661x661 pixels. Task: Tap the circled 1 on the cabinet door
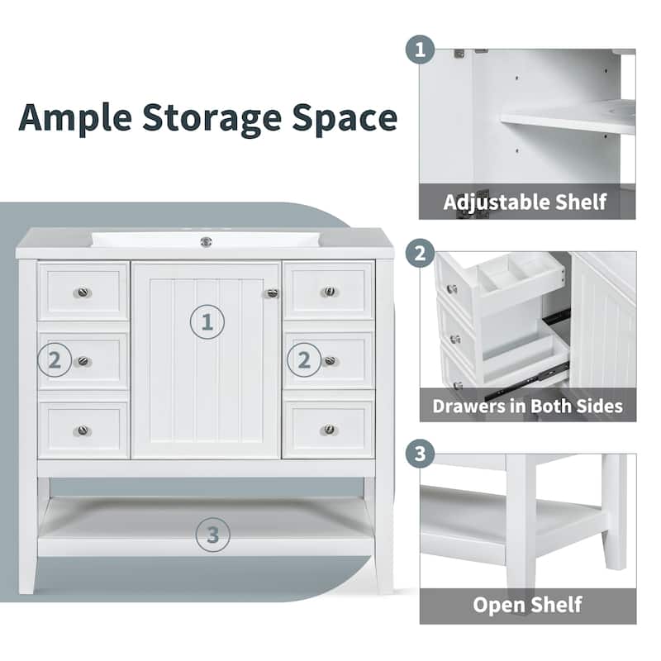click(208, 321)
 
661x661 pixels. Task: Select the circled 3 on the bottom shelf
click(213, 535)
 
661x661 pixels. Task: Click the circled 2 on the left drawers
click(55, 360)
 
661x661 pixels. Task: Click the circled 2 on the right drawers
click(304, 360)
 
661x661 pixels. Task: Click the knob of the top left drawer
click(83, 292)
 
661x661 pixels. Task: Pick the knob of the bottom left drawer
click(83, 430)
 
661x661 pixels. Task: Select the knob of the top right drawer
click(329, 292)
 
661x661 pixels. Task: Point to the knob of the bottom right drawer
click(329, 430)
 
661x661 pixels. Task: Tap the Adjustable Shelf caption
click(525, 202)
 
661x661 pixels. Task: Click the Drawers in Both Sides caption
click(527, 406)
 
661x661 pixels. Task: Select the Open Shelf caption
click(527, 604)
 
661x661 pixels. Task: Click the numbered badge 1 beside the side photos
click(421, 50)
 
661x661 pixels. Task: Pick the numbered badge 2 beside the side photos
click(421, 253)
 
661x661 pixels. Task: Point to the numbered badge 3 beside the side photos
click(421, 454)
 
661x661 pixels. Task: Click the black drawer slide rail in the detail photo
click(552, 317)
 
